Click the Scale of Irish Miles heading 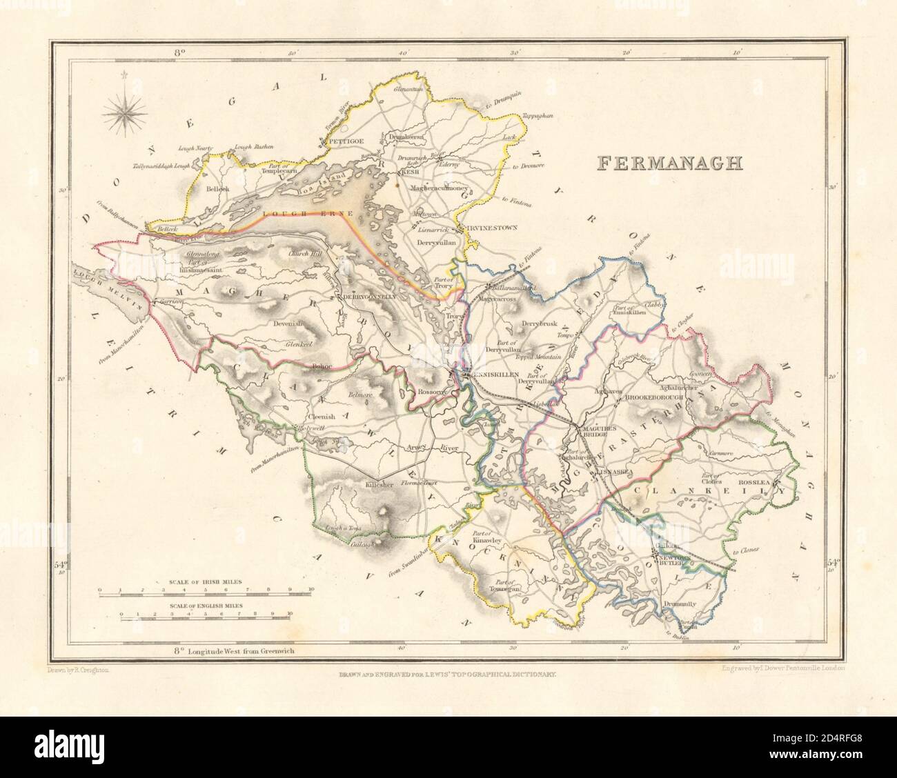tap(204, 581)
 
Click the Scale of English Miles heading tap(204, 605)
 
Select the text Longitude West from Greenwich tap(231, 650)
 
